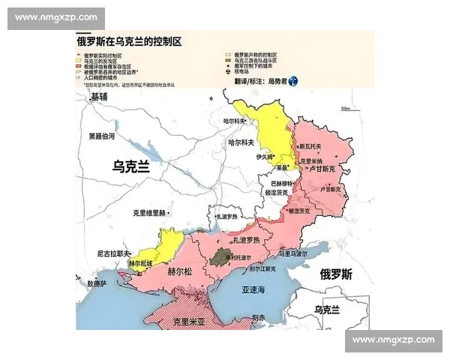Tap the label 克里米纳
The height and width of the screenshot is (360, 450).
tap(310, 161)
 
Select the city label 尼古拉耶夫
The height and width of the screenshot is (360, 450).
tap(114, 253)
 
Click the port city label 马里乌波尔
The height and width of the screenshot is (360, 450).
tap(293, 254)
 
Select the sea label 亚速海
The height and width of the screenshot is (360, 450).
tap(253, 289)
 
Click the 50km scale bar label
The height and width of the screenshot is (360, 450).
tap(345, 108)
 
